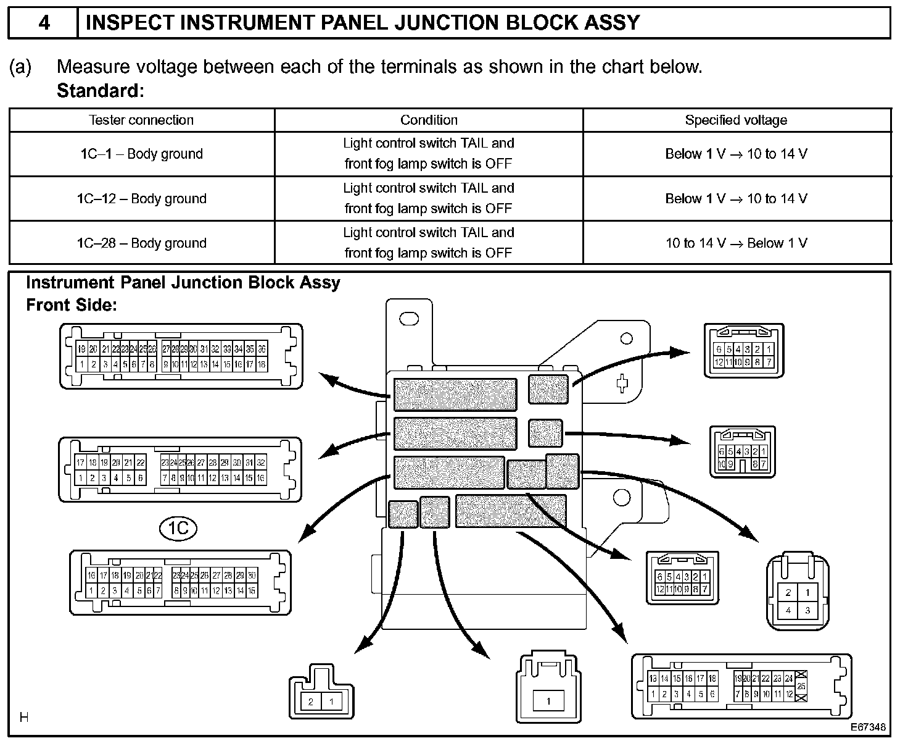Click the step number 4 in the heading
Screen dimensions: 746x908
coord(43,23)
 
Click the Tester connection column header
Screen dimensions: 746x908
coord(141,120)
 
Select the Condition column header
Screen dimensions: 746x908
coord(429,120)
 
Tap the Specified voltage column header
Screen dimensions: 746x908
coord(736,120)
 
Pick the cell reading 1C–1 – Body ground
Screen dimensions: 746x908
coord(141,154)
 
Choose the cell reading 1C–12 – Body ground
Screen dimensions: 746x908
coord(141,198)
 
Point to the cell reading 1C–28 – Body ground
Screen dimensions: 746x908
coord(141,243)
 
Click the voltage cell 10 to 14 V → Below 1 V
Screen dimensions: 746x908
coord(736,243)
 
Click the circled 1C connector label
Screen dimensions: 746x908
coord(178,528)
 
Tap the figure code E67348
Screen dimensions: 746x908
coord(868,727)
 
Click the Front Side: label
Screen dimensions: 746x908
coord(71,304)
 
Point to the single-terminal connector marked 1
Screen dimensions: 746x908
coord(548,701)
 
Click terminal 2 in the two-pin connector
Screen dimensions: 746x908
coord(311,702)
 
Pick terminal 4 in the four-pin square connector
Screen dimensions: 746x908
coord(788,610)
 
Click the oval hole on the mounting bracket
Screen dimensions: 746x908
coord(409,319)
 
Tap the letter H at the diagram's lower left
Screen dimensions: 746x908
coord(24,717)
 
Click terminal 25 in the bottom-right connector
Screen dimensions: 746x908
coord(801,686)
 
